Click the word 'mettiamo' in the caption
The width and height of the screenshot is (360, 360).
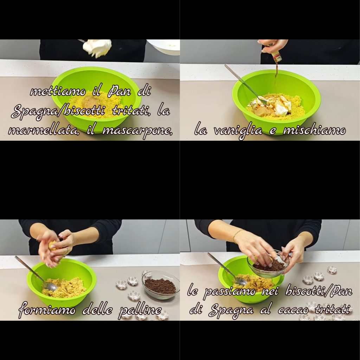click(x=58, y=91)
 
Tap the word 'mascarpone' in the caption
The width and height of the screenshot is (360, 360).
click(x=137, y=131)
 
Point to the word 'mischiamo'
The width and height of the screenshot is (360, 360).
click(x=314, y=130)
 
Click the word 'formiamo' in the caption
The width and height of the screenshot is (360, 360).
click(x=47, y=310)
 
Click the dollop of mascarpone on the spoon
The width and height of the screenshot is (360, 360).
click(x=97, y=48)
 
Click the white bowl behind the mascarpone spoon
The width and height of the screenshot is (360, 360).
click(x=163, y=47)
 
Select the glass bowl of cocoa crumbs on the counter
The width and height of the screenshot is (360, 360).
click(x=161, y=285)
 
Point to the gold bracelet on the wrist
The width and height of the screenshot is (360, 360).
click(x=237, y=234)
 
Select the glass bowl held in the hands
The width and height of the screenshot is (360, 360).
click(x=268, y=264)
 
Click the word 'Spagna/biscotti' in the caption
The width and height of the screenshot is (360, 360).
click(x=58, y=111)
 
